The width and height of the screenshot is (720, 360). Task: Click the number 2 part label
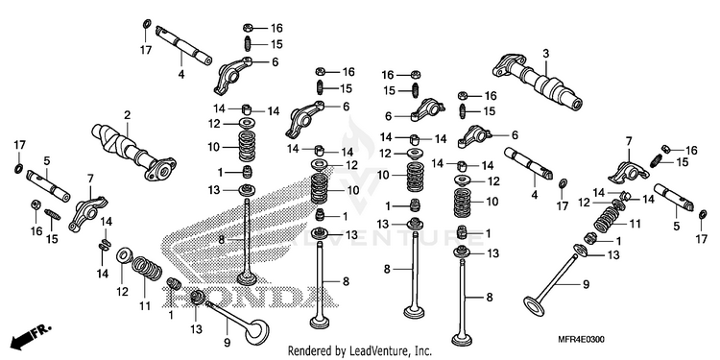127,115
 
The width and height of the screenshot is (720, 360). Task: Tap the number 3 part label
545,53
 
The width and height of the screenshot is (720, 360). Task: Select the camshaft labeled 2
133,151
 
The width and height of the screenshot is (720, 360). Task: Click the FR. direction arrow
31,335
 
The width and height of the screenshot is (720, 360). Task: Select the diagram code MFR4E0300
581,340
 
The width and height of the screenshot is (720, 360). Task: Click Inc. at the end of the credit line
423,351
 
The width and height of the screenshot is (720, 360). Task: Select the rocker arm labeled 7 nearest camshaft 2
87,213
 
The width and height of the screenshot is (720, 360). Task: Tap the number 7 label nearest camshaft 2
89,178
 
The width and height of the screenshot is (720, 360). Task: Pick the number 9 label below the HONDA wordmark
228,343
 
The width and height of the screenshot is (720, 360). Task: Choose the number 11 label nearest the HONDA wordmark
145,305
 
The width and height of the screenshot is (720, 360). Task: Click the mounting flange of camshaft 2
160,169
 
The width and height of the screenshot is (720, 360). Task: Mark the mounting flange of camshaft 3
508,64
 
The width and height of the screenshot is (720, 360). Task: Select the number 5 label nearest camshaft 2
47,160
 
